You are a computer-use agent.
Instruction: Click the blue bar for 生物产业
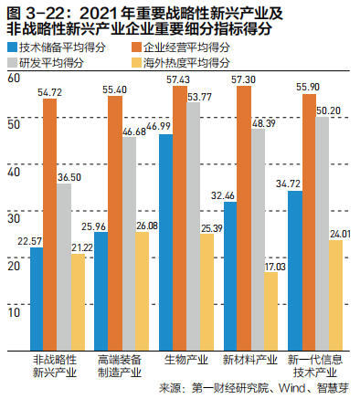click(166, 242)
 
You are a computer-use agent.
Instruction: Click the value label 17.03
click(272, 267)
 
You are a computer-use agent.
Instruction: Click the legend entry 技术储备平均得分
click(59, 47)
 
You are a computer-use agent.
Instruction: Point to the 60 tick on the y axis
click(12, 79)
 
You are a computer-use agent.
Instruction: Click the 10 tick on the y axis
click(12, 310)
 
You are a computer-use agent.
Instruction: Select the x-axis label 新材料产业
click(245, 360)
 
